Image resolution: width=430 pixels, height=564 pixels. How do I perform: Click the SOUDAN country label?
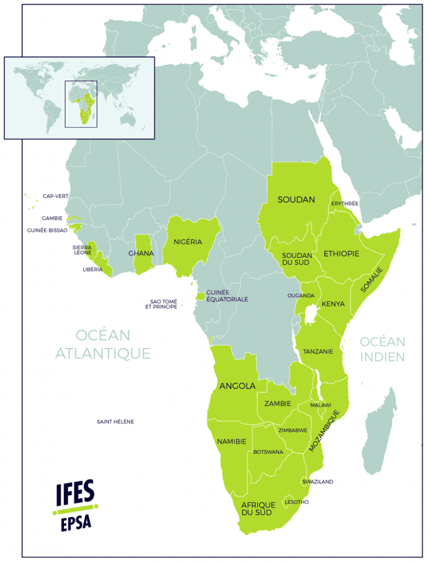click(x=296, y=199)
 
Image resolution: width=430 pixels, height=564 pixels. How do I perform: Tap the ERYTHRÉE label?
click(x=345, y=204)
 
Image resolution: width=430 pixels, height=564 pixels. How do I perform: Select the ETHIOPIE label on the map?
click(x=341, y=254)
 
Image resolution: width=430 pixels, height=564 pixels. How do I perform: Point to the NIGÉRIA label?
click(x=187, y=242)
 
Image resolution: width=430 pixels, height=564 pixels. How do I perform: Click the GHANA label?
click(x=141, y=253)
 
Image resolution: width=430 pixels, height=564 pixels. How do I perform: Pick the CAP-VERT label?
click(x=55, y=196)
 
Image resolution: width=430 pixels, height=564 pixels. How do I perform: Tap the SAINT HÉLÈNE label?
click(x=115, y=422)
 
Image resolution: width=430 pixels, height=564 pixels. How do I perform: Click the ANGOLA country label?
click(x=237, y=386)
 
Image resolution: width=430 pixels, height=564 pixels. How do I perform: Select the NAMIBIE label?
click(x=232, y=441)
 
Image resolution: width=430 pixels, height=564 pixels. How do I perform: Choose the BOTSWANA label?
click(x=268, y=452)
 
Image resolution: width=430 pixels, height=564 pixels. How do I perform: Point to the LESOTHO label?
click(x=297, y=502)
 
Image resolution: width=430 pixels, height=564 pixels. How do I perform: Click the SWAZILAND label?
click(x=318, y=482)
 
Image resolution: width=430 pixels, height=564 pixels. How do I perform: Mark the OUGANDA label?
click(x=300, y=296)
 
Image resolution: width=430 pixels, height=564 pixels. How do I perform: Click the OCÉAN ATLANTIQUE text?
click(x=103, y=344)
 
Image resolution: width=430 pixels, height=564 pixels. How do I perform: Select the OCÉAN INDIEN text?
click(x=382, y=349)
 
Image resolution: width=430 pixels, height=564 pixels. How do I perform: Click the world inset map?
click(x=79, y=97)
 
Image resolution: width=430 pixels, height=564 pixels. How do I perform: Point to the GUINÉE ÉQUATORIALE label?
click(x=227, y=296)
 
